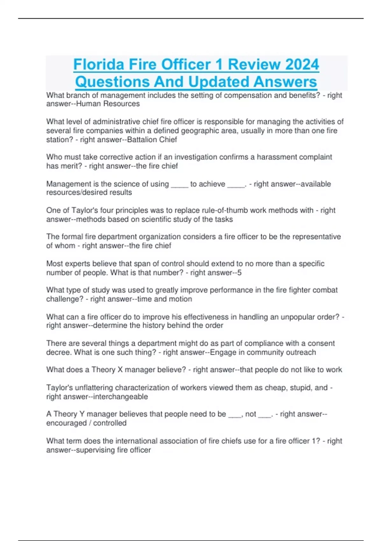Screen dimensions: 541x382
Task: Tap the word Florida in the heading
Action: pyautogui.click(x=99, y=65)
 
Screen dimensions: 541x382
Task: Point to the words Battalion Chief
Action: pyautogui.click(x=152, y=140)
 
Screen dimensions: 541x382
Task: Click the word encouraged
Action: pyautogui.click(x=67, y=423)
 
